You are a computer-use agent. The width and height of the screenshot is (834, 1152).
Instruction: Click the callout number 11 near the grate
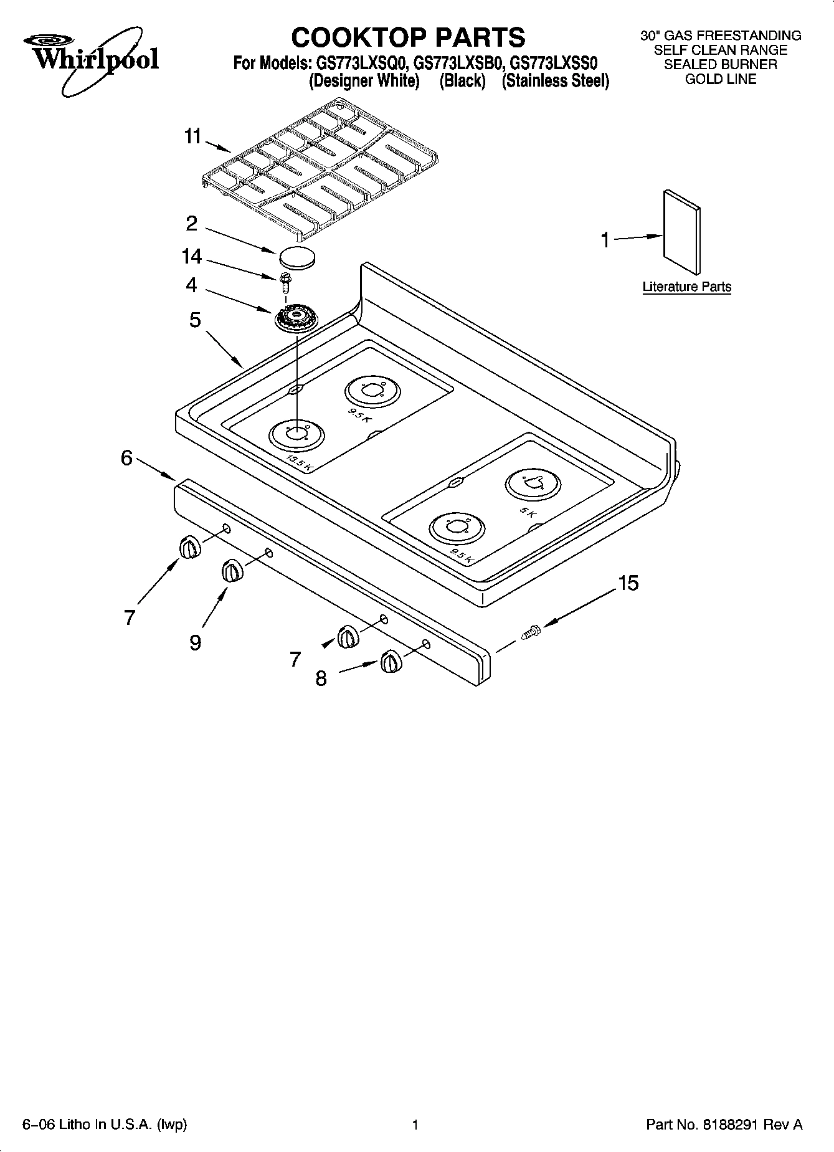coord(192,136)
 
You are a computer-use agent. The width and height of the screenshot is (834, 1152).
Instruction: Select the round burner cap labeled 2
coord(296,257)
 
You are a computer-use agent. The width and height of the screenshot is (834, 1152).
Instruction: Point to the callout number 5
coord(195,320)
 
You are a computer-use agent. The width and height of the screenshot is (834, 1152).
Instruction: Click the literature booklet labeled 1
coord(681,231)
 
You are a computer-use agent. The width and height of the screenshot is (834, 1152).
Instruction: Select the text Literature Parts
coord(686,287)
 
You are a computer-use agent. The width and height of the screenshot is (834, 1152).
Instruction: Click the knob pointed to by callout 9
coord(231,570)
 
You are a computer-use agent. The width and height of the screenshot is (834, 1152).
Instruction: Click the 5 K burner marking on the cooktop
coord(527,512)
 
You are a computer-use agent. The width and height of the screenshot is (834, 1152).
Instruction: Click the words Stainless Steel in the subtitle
coord(556,81)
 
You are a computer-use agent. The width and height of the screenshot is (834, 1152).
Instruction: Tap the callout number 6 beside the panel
coord(126,458)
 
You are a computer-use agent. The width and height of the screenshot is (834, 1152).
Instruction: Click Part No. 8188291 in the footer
coord(724,1125)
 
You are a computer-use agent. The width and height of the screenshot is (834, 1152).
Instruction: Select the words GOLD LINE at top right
coord(721,79)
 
